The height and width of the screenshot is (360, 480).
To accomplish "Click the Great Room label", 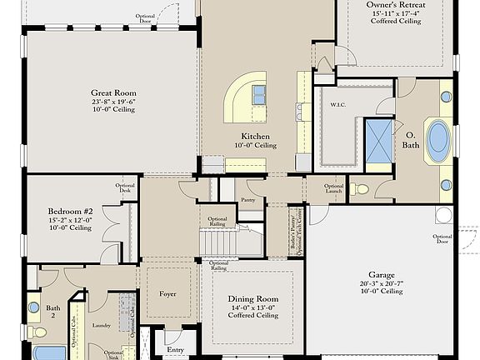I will tap(113, 93).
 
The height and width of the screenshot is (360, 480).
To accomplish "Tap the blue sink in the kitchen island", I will tap(259, 92).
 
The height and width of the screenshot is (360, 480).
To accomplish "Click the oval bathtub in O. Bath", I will tap(437, 141).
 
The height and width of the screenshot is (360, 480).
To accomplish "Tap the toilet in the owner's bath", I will tap(360, 189).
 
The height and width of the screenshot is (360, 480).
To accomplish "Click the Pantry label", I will tap(247, 200).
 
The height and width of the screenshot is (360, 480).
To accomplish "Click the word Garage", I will tap(382, 273).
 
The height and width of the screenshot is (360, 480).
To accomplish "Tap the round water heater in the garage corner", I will tap(443, 215).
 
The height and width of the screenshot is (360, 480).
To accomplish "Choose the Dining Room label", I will tap(256, 298).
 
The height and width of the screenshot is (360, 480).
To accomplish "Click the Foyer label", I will tap(168, 294).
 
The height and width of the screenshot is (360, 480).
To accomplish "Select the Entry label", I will tap(175, 350).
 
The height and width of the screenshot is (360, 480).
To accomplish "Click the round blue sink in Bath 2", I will tap(33, 307).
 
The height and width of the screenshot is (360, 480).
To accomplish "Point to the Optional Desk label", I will tap(125, 188).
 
